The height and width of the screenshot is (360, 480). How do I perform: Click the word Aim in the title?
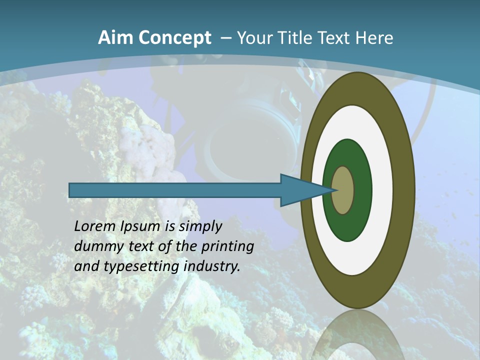[x=115, y=38]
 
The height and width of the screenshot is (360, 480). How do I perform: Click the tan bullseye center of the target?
[x=343, y=190]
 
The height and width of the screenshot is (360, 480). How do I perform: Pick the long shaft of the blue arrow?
[x=175, y=190]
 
